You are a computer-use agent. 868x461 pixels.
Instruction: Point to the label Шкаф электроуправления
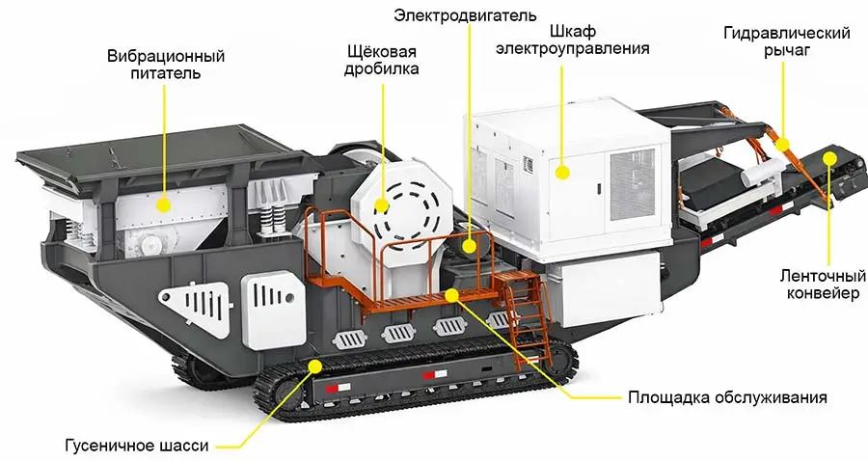pyautogui.click(x=573, y=39)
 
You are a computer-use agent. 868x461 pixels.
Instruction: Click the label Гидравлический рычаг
pyautogui.click(x=786, y=42)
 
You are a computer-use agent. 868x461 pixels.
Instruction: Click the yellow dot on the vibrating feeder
pyautogui.click(x=164, y=204)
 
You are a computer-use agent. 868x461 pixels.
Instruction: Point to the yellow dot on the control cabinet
pyautogui.click(x=563, y=173)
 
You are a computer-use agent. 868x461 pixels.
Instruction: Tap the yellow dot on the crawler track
pyautogui.click(x=316, y=365)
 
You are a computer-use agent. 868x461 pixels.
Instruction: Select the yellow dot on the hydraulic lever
pyautogui.click(x=784, y=146)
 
